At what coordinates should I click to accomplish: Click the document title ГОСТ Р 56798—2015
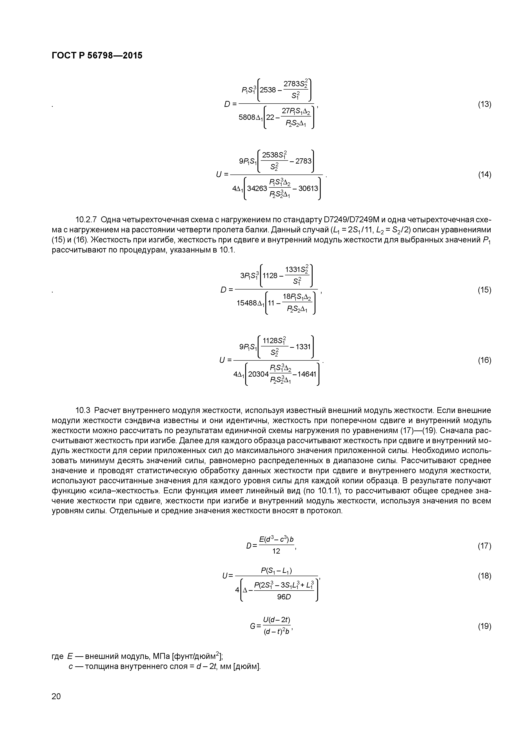(x=97, y=56)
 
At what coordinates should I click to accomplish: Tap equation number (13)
(x=484, y=104)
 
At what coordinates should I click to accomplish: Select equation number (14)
(x=484, y=175)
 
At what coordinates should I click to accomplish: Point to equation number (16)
(x=484, y=360)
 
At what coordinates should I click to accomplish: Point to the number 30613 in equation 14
(x=308, y=189)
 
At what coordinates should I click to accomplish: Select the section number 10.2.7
(x=86, y=219)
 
